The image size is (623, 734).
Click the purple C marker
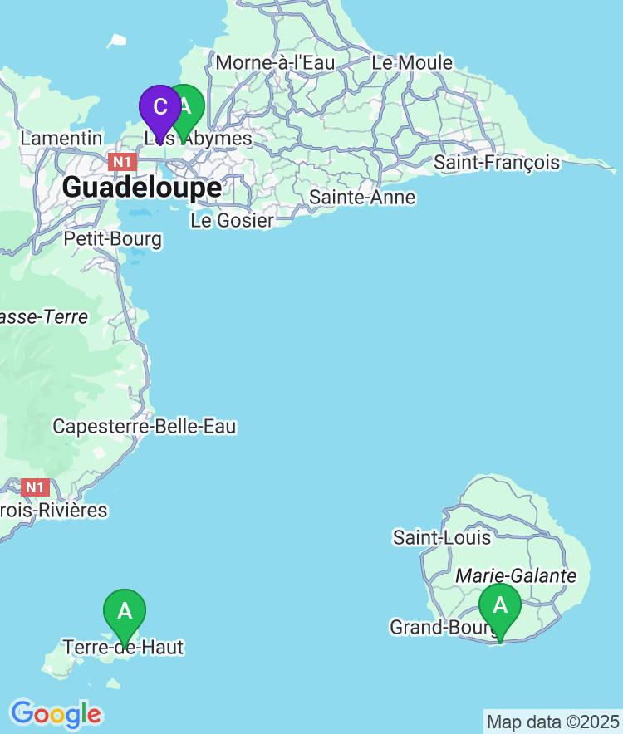click(159, 107)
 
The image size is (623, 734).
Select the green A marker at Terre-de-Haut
click(125, 612)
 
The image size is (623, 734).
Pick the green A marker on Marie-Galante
click(500, 606)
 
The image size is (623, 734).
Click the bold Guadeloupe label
click(142, 188)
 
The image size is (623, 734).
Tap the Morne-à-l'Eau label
click(275, 63)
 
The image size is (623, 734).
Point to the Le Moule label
click(412, 63)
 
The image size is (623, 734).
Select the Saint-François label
click(497, 163)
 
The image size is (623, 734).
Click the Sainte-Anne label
click(362, 198)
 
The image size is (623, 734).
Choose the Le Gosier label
click(232, 221)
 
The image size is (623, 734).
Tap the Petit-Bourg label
click(113, 240)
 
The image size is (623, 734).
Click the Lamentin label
click(61, 139)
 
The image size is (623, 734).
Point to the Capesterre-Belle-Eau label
click(145, 427)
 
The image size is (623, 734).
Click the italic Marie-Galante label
click(516, 576)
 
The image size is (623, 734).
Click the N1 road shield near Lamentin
click(123, 161)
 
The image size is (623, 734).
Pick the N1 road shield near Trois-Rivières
click(36, 487)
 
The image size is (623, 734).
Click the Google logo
click(56, 714)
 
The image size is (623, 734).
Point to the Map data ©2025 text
click(552, 722)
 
